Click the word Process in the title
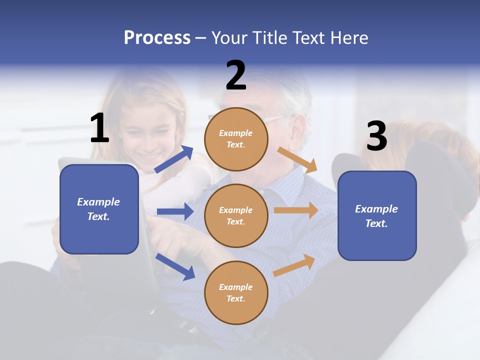click(157, 38)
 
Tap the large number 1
click(99, 128)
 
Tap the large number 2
click(236, 75)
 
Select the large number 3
click(376, 136)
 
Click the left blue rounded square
click(99, 209)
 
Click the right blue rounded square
click(377, 215)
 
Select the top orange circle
click(236, 139)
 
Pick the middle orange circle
click(236, 215)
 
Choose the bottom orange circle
click(236, 292)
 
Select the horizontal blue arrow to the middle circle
click(175, 211)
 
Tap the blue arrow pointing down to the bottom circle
click(175, 266)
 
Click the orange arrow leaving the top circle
click(297, 160)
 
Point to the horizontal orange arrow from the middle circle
click(296, 210)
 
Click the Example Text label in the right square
click(376, 216)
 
